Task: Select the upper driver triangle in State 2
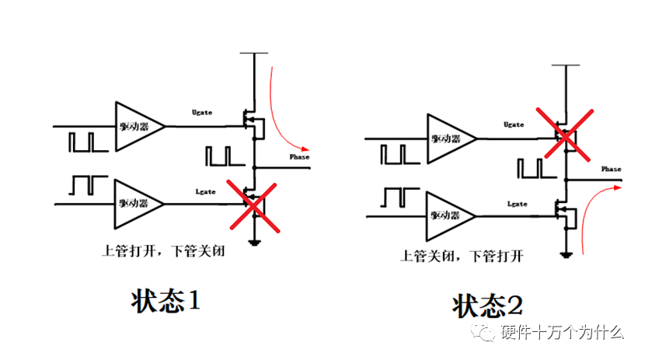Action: point(449,138)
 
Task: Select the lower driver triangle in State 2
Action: point(449,214)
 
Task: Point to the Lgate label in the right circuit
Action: point(517,204)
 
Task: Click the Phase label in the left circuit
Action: point(299,158)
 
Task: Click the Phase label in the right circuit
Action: point(612,169)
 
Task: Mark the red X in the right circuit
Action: point(565,134)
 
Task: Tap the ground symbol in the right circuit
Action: point(567,254)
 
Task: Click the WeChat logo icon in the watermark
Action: point(487,333)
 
